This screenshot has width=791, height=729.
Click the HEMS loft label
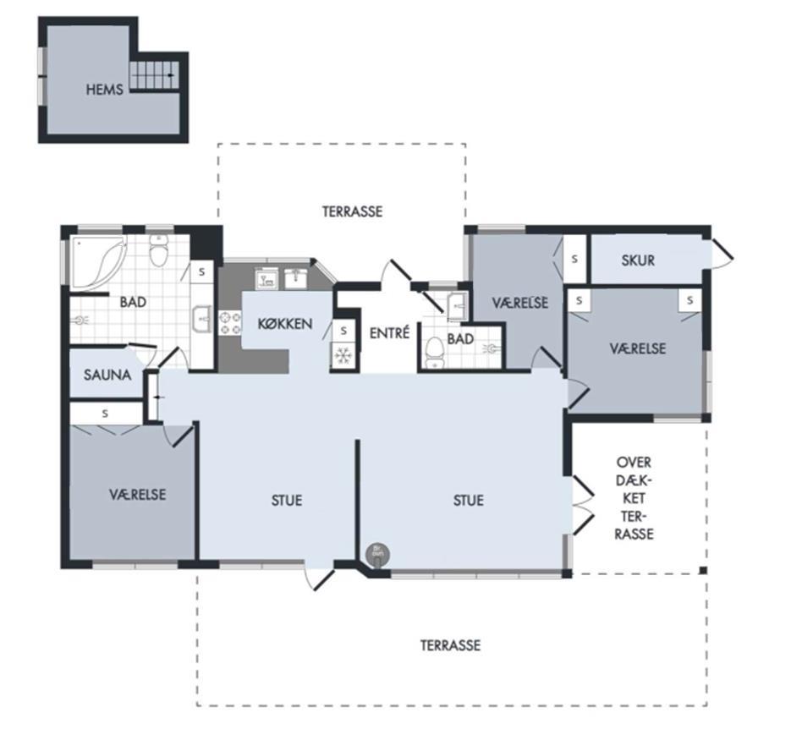point(104,90)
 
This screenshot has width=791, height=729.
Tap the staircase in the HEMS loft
point(154,75)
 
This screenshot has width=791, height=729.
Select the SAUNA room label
point(107,375)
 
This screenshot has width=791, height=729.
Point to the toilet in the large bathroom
point(158,250)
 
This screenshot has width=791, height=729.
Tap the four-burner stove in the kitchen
point(229,323)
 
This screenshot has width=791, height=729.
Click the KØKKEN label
point(285,324)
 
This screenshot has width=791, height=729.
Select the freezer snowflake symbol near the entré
point(343,355)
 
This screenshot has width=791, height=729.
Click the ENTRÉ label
point(389,333)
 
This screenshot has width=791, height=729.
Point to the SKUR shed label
point(638,260)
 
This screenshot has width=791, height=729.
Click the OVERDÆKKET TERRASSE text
point(634,498)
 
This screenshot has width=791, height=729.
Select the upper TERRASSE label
point(352,211)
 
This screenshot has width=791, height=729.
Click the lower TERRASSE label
point(450,645)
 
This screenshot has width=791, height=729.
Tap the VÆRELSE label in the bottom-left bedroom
point(138,495)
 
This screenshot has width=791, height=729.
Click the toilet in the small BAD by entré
point(434,352)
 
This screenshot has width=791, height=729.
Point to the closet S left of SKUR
point(574,259)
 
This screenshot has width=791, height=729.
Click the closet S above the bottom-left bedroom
point(105,414)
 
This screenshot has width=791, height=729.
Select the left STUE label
point(287,501)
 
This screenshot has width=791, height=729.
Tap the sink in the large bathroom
point(202,319)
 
